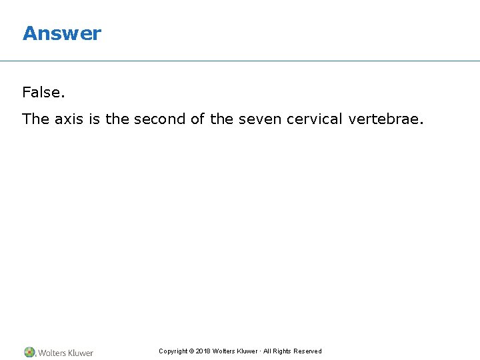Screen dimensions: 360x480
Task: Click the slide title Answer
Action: tap(61, 33)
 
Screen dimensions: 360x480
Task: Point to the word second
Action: tap(160, 119)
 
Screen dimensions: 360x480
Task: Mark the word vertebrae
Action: tap(385, 119)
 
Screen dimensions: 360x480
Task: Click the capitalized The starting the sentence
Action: tap(35, 119)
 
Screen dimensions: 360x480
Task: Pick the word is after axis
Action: tap(94, 119)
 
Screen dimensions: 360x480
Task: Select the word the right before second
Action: tap(117, 119)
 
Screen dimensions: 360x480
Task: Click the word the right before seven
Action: tap(221, 119)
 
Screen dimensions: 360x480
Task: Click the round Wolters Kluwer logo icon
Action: tap(30, 352)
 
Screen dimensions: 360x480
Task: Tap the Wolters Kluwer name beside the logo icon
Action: tap(65, 353)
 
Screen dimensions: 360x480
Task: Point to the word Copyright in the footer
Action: tap(173, 351)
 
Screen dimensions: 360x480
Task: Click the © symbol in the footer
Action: tap(191, 351)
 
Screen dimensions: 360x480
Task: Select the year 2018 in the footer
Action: tap(203, 351)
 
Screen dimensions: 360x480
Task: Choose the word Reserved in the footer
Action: tap(307, 351)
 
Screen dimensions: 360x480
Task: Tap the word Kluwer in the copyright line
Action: tap(247, 351)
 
